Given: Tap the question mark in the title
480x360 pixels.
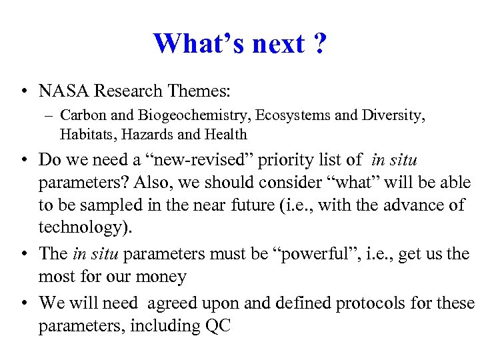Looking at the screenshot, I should pos(319,44).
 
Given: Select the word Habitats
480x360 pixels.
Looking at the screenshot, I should pos(83,134).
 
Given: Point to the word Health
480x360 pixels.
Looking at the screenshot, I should pos(225,134).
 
